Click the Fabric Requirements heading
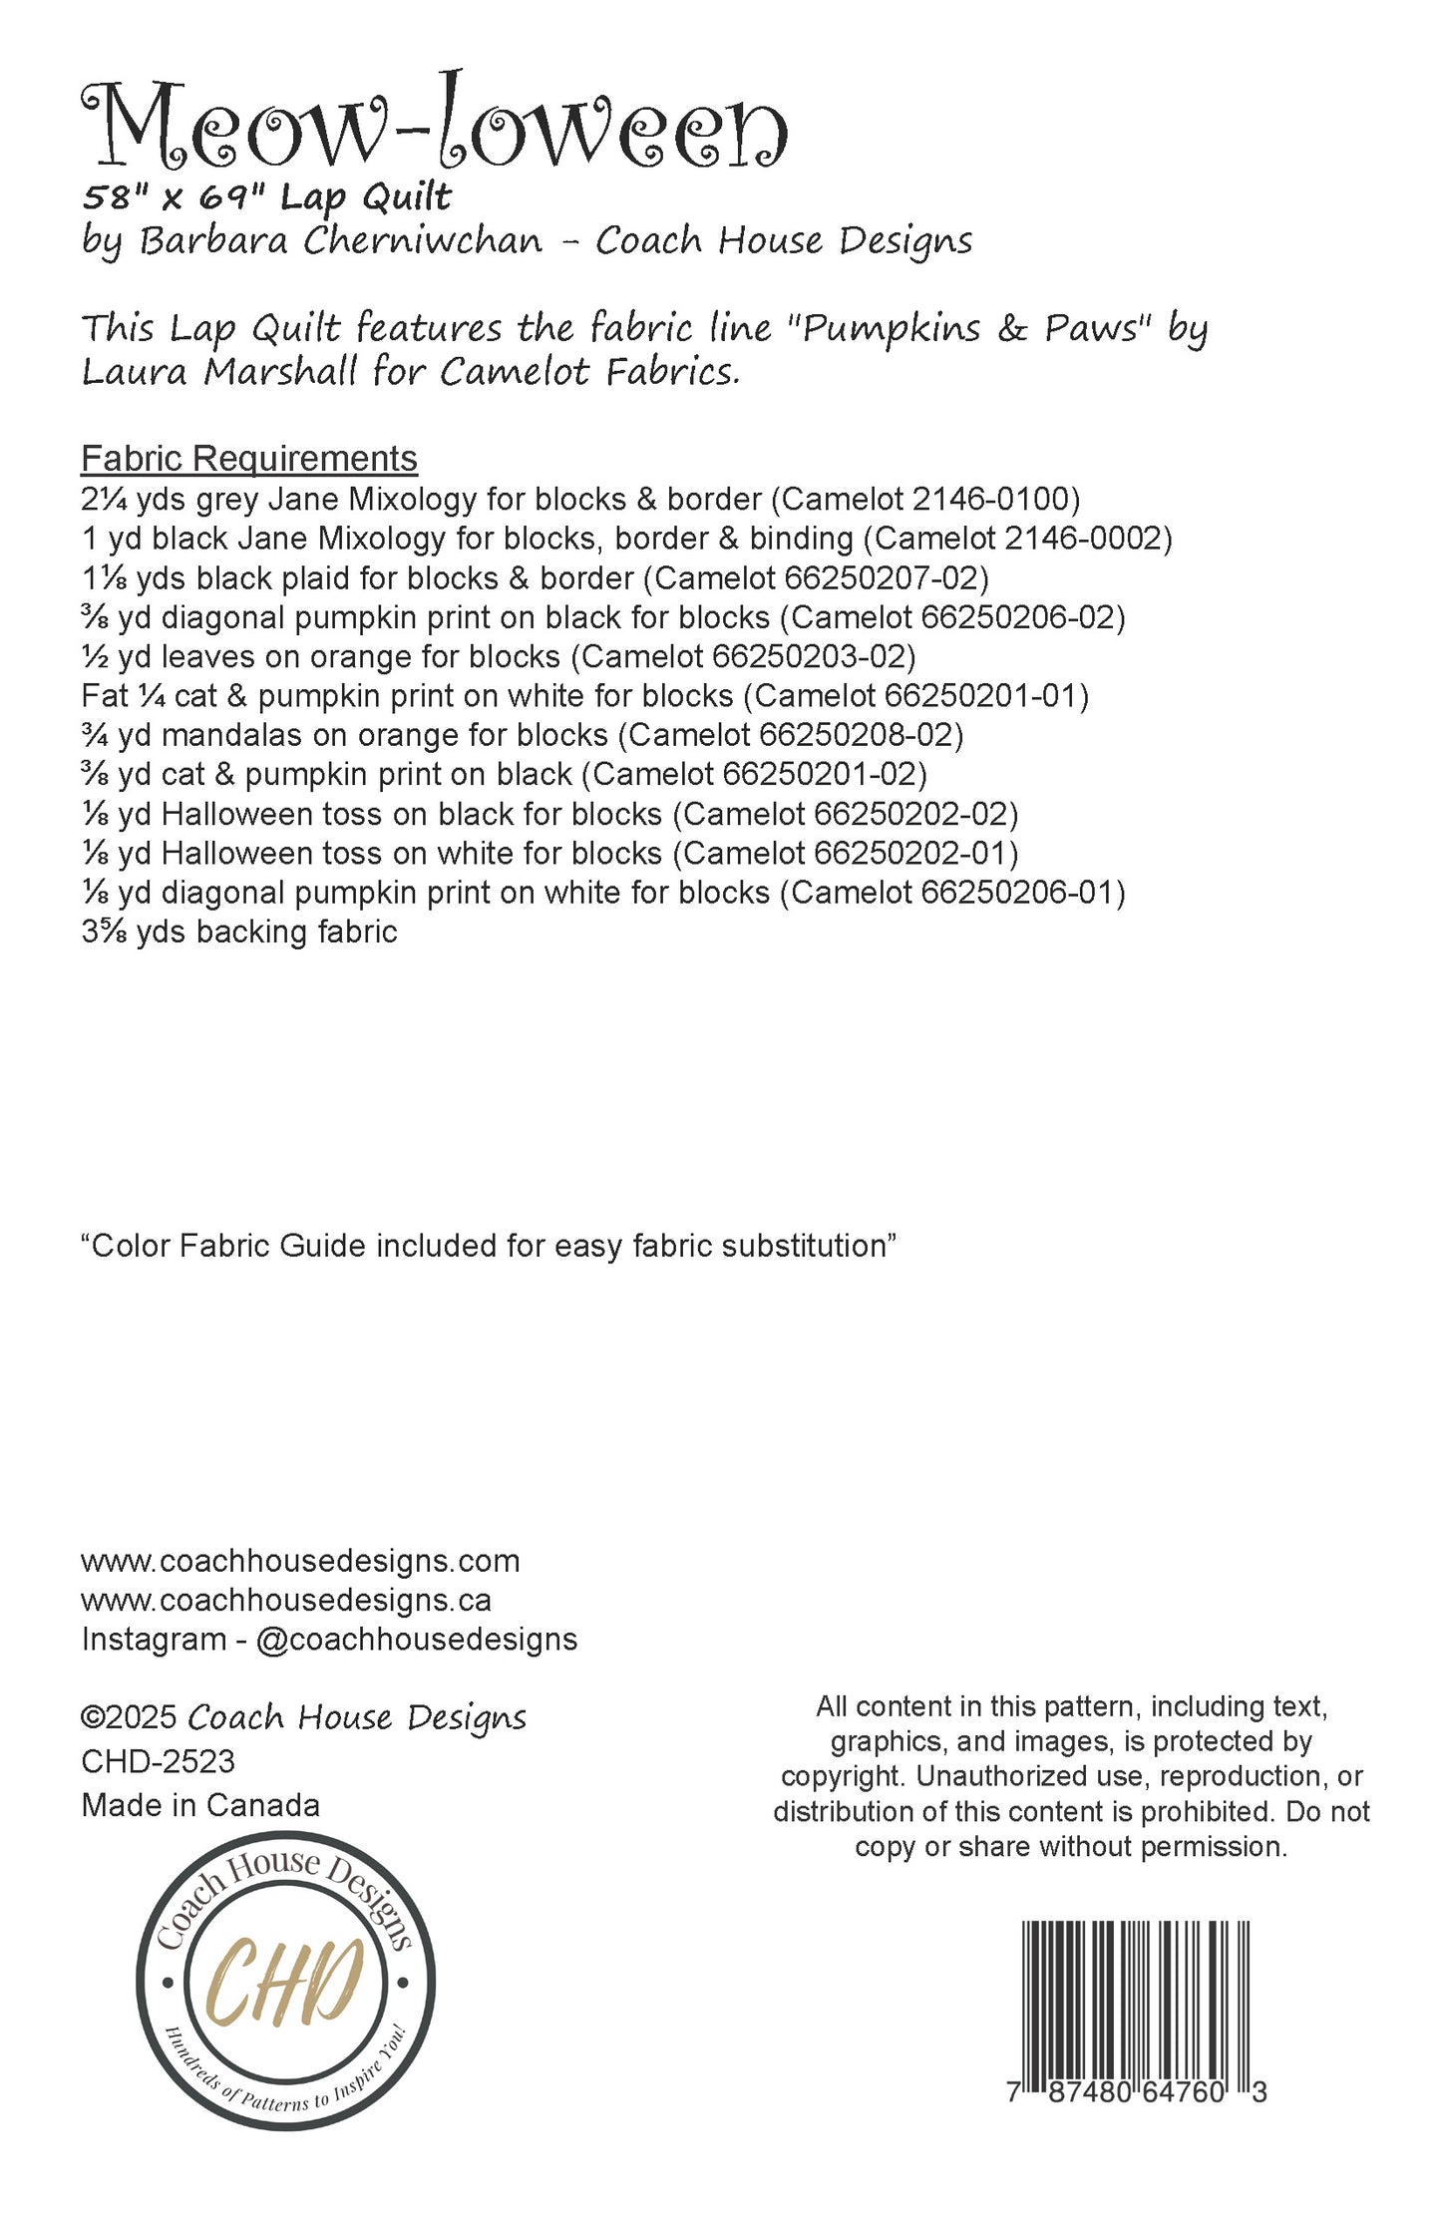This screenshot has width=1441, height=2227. coord(248,458)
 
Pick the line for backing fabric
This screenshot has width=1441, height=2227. coord(239,931)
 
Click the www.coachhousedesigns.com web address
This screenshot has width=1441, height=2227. coord(300,1560)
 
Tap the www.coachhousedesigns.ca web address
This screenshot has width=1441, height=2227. coord(286,1600)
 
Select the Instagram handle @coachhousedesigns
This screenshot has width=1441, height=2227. coord(416,1639)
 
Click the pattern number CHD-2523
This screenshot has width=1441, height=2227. coord(158,1761)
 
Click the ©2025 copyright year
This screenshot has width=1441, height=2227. coord(129,1717)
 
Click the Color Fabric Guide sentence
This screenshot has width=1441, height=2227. coord(489,1246)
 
